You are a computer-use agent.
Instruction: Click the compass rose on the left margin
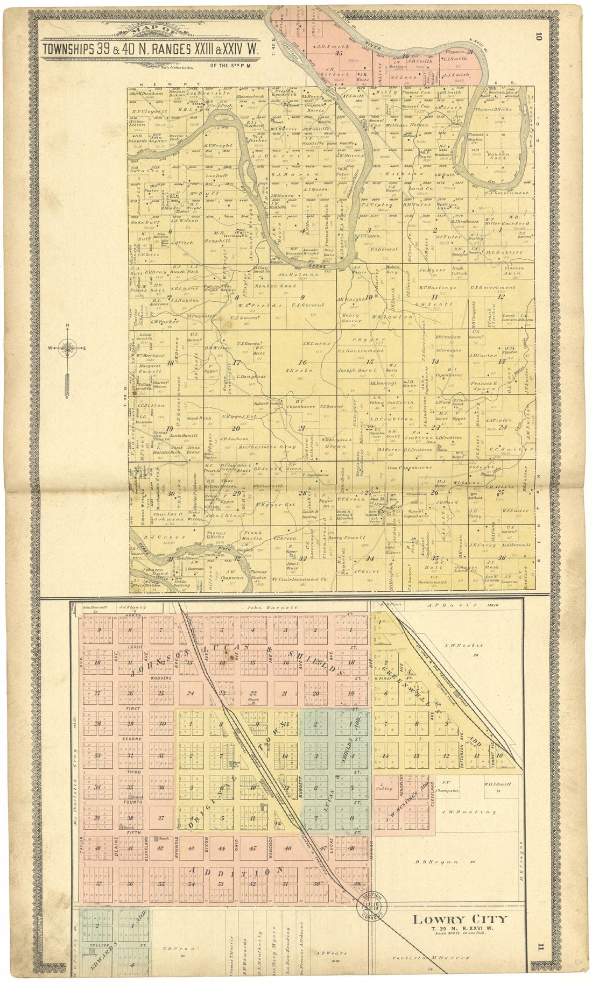pos(68,349)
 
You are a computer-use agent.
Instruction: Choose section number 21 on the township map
pos(286,428)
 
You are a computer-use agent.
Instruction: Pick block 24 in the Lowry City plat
pos(189,693)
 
